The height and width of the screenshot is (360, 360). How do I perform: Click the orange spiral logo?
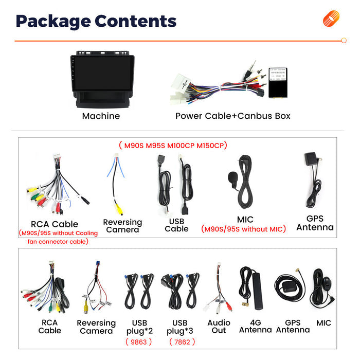(x=331, y=19)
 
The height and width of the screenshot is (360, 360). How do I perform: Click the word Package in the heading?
(x=53, y=22)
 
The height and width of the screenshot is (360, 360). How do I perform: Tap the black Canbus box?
(x=278, y=83)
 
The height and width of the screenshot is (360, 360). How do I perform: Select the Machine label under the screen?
(x=101, y=116)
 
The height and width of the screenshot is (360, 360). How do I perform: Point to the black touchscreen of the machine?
(x=102, y=73)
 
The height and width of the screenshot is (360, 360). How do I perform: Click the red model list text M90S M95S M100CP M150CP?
(x=173, y=146)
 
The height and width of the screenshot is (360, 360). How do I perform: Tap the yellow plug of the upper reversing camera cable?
(x=119, y=209)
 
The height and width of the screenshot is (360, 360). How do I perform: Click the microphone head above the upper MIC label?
(x=232, y=178)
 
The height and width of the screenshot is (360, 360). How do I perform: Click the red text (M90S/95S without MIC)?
(x=243, y=229)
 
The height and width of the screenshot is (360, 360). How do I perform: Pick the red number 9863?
(x=139, y=342)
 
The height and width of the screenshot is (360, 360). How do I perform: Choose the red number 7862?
(x=182, y=342)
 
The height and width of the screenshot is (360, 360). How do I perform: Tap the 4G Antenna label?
(x=255, y=326)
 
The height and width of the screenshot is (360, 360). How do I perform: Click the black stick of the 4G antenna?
(x=257, y=291)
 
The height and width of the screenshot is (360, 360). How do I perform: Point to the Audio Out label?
(x=219, y=327)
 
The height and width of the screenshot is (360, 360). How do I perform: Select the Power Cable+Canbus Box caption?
(x=233, y=116)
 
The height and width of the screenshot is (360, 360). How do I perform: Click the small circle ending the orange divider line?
(x=344, y=41)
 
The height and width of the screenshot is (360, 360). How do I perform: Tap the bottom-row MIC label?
(x=323, y=323)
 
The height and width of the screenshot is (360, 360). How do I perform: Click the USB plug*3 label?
(x=180, y=327)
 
